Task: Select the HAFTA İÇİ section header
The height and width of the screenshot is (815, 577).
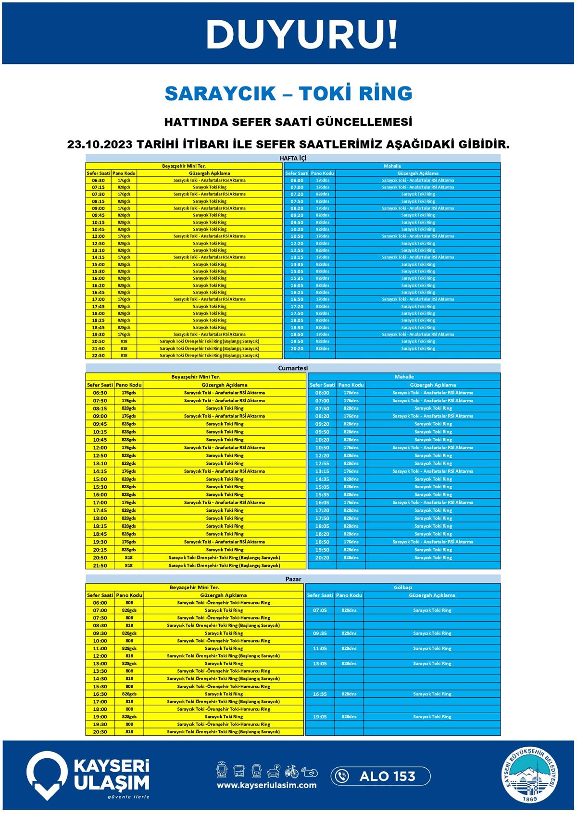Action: [x=293, y=158]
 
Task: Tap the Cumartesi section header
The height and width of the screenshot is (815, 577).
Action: [x=293, y=368]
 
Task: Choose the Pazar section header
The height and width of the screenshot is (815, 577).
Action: [x=293, y=579]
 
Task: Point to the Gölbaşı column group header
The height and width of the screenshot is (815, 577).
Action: [x=403, y=587]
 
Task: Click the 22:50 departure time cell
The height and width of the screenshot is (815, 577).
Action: [x=98, y=356]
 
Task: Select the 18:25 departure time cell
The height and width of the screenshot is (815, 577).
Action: [x=98, y=320]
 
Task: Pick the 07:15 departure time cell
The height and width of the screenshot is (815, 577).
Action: [x=98, y=187]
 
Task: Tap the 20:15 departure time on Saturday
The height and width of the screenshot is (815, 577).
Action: [x=100, y=550]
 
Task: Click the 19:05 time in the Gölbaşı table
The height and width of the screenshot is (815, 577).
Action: [x=320, y=716]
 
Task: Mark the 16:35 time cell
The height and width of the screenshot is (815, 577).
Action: [x=320, y=694]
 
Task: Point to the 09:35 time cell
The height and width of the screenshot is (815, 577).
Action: [x=320, y=633]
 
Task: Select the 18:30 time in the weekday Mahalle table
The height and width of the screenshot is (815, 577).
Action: [x=297, y=327]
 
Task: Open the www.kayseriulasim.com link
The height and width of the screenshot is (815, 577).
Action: [x=266, y=785]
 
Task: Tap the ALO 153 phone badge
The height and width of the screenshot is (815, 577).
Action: [x=380, y=776]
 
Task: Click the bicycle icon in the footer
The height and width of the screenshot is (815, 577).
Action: [x=291, y=771]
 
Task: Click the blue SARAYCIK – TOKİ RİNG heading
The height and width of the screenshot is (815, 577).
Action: [x=288, y=93]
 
